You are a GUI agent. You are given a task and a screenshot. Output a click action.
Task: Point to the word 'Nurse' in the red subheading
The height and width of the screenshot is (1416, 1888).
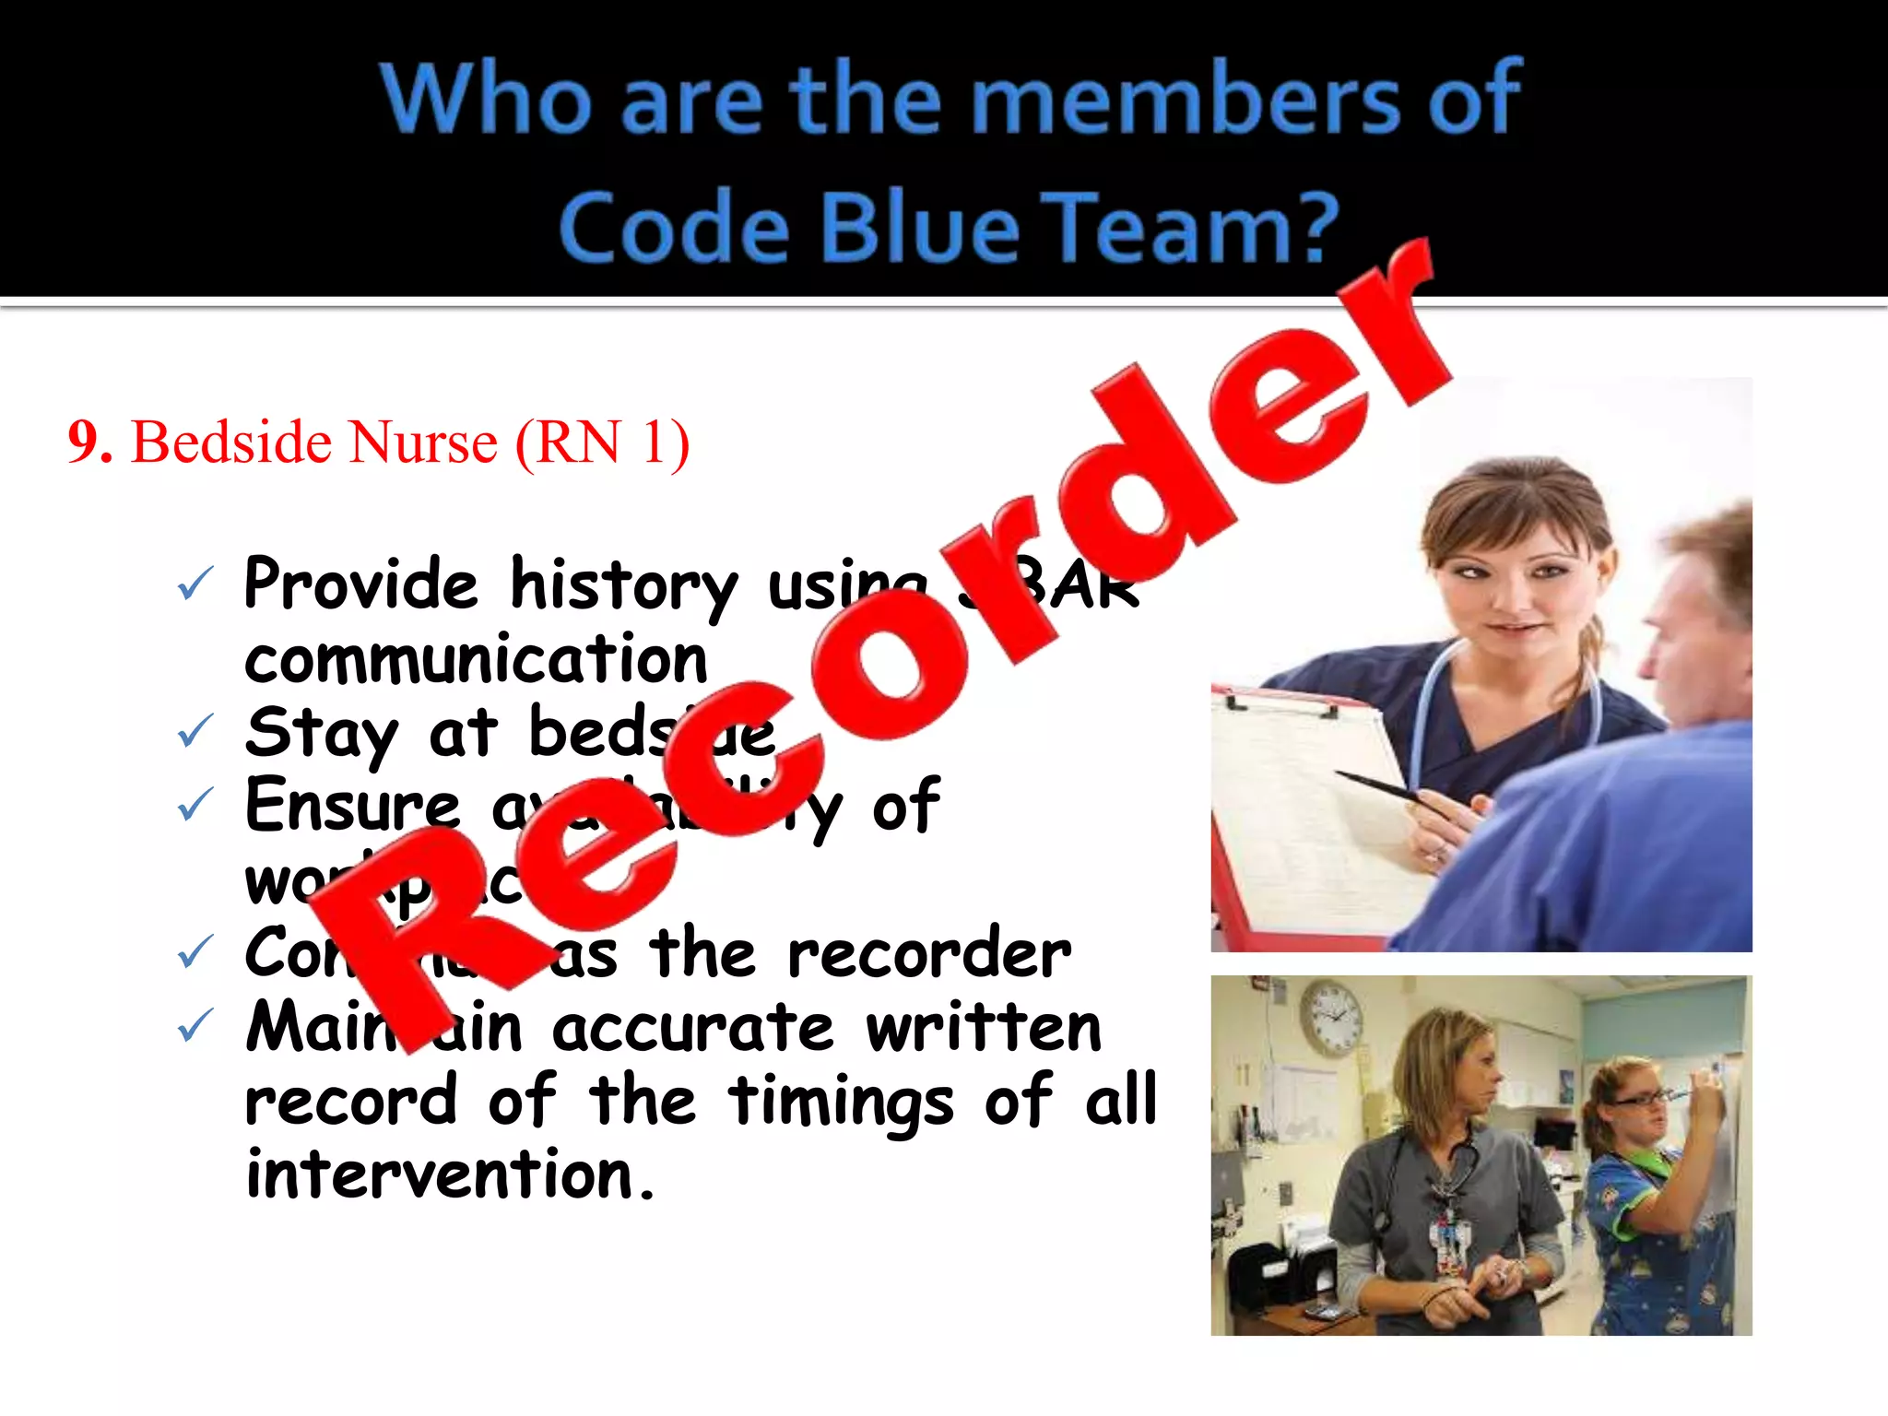(x=423, y=442)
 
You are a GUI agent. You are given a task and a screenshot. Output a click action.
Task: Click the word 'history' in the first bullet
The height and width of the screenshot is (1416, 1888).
(x=624, y=586)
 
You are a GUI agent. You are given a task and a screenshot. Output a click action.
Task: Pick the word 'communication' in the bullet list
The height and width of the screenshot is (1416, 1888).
(x=476, y=660)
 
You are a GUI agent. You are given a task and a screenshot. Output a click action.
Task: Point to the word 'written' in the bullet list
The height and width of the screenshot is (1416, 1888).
(x=984, y=1027)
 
